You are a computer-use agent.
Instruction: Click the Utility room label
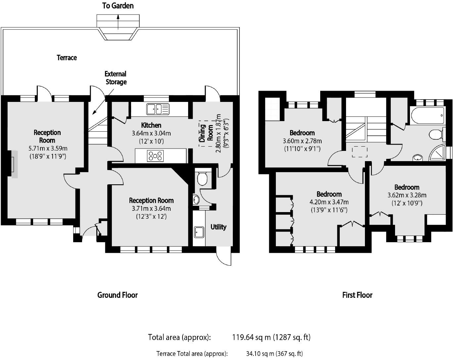pyautogui.click(x=218, y=227)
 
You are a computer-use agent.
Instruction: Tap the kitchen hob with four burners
pyautogui.click(x=155, y=156)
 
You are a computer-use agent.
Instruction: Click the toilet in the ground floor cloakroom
pyautogui.click(x=202, y=178)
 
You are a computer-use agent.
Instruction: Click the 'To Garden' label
pyautogui.click(x=118, y=6)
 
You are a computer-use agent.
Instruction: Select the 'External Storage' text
pyautogui.click(x=116, y=78)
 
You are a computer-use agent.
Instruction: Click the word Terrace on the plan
pyautogui.click(x=67, y=58)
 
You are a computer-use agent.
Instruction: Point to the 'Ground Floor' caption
pyautogui.click(x=117, y=295)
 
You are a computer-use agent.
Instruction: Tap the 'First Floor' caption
pyautogui.click(x=357, y=295)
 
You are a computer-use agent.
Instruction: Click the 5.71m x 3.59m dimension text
pyautogui.click(x=48, y=148)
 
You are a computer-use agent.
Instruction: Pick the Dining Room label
pyautogui.click(x=206, y=133)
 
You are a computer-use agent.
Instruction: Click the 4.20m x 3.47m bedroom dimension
pyautogui.click(x=329, y=202)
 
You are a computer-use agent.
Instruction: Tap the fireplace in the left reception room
pyautogui.click(x=14, y=164)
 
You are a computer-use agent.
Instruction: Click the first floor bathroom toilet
pyautogui.click(x=435, y=135)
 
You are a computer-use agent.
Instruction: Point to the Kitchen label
pyautogui.click(x=151, y=125)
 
